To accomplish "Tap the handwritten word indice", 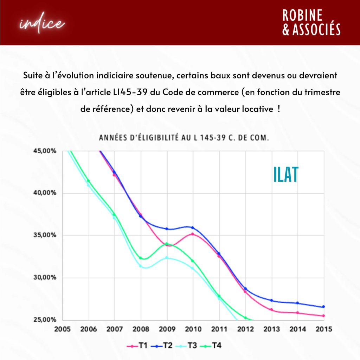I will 42,24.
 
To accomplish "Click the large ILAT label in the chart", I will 286,175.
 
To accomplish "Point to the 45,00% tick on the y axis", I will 45,151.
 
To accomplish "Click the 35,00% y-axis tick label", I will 45,235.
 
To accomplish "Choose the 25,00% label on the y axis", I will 45,320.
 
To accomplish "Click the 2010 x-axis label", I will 193,329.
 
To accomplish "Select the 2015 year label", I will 323,329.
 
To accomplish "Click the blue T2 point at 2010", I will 193,228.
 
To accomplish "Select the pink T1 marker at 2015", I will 323,316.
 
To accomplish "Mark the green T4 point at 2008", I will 141,258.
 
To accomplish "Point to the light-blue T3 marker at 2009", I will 167,258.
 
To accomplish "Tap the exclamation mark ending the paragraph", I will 279,109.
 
